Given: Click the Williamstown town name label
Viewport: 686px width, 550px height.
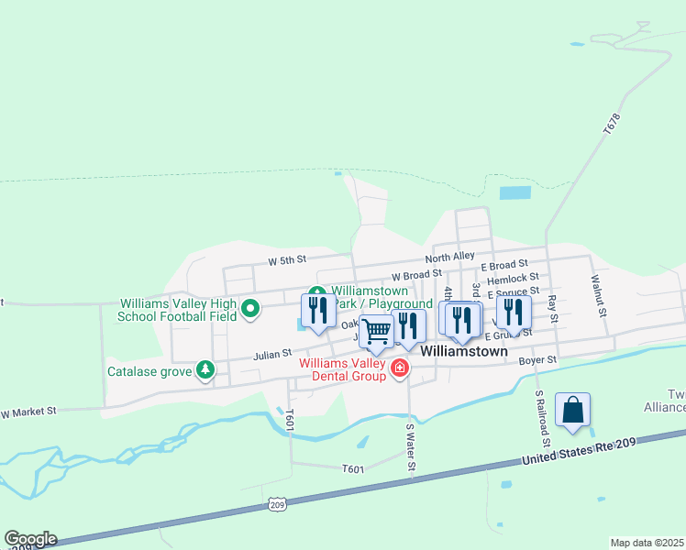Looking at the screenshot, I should tap(464, 350).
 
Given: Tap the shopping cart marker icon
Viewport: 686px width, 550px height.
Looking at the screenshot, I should tap(376, 333).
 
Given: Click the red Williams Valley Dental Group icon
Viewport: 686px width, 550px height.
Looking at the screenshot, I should tap(399, 368).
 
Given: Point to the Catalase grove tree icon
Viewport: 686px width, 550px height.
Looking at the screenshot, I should tap(206, 370).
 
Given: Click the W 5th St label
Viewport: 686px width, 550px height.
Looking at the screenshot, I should tap(286, 261).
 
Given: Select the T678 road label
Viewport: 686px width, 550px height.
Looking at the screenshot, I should tap(613, 125).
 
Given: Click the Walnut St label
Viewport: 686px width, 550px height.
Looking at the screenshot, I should tap(598, 294).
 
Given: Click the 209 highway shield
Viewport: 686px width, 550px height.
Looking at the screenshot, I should tap(278, 504).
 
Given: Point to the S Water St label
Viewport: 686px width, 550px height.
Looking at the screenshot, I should tap(412, 446).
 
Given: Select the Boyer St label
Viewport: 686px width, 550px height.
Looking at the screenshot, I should tap(537, 361).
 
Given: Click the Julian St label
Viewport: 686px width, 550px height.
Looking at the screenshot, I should tap(272, 352).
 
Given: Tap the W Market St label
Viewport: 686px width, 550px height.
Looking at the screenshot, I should tap(29, 412).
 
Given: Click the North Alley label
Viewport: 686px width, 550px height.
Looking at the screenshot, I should tap(455, 257).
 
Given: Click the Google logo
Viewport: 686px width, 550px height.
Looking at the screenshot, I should tap(30, 539).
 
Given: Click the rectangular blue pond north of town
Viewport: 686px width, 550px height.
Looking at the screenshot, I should tap(515, 193).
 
